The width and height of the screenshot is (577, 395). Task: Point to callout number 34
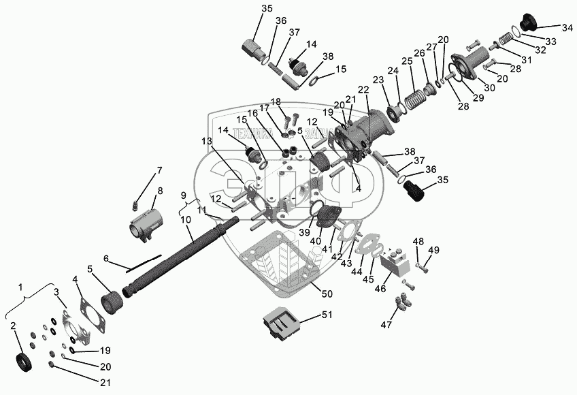tap(567, 28)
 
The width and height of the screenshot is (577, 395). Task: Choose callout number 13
tap(207, 141)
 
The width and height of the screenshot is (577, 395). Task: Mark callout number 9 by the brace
tap(182, 195)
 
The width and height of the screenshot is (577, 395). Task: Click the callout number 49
tap(433, 250)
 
